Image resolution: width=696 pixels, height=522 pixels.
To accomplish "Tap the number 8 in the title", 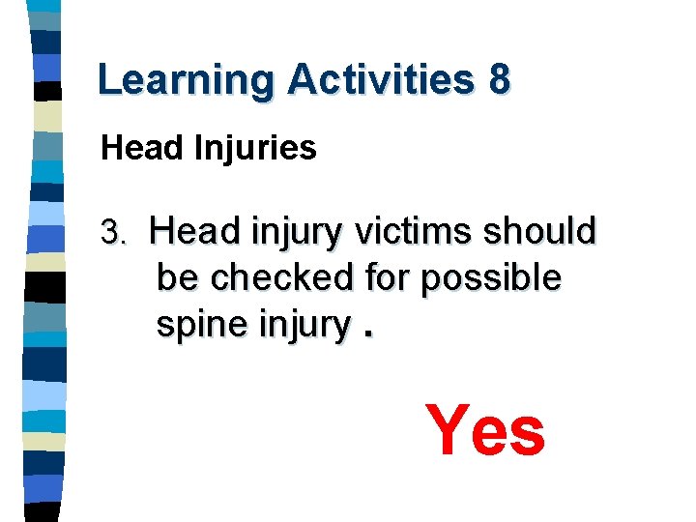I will (499, 80).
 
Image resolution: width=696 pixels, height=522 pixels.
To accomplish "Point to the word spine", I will (202, 326).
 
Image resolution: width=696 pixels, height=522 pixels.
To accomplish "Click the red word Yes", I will (485, 431).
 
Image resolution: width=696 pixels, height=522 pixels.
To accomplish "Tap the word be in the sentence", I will (178, 278).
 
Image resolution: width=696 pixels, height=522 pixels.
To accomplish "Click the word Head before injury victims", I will (196, 232).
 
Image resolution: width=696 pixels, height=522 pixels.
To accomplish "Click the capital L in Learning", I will (108, 80).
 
